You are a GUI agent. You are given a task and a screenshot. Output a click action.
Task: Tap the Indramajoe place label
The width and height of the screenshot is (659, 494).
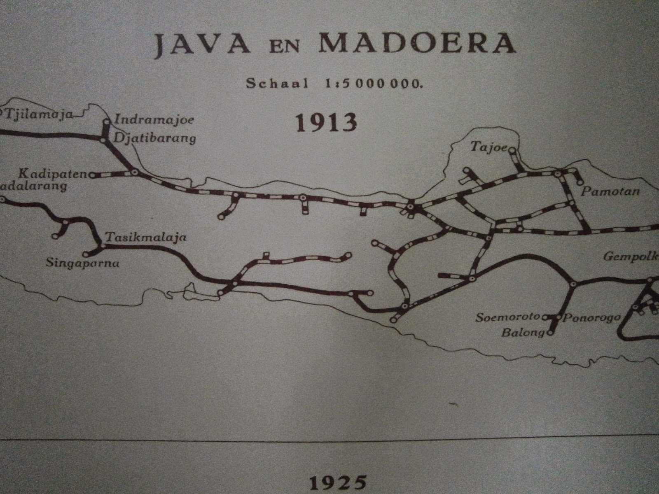pyautogui.click(x=154, y=121)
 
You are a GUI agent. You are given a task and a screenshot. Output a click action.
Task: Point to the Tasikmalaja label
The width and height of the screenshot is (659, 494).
pyautogui.click(x=146, y=238)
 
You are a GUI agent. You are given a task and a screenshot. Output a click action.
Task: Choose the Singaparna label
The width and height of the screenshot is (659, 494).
pyautogui.click(x=83, y=263)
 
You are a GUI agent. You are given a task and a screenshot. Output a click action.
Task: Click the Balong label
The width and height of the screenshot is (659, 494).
pyautogui.click(x=523, y=333)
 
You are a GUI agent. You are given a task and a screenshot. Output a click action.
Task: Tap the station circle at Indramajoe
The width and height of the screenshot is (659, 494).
pyautogui.click(x=106, y=121)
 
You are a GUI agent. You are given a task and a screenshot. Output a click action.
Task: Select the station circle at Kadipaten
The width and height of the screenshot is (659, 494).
pyautogui.click(x=92, y=175)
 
